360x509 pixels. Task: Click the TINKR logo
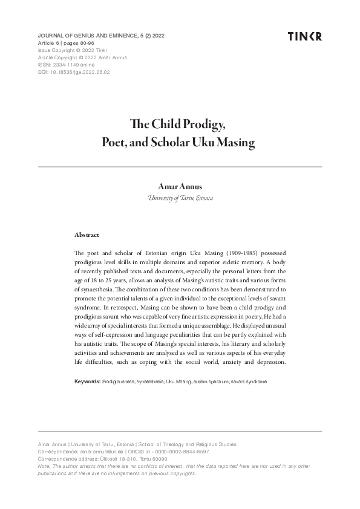(x=305, y=36)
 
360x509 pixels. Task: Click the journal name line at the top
(x=101, y=36)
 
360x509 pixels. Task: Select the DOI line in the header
(x=74, y=71)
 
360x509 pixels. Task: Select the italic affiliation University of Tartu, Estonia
(x=180, y=198)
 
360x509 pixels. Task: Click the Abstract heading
(x=87, y=234)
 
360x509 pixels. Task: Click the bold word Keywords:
(x=87, y=382)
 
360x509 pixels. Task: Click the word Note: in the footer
(x=44, y=466)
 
